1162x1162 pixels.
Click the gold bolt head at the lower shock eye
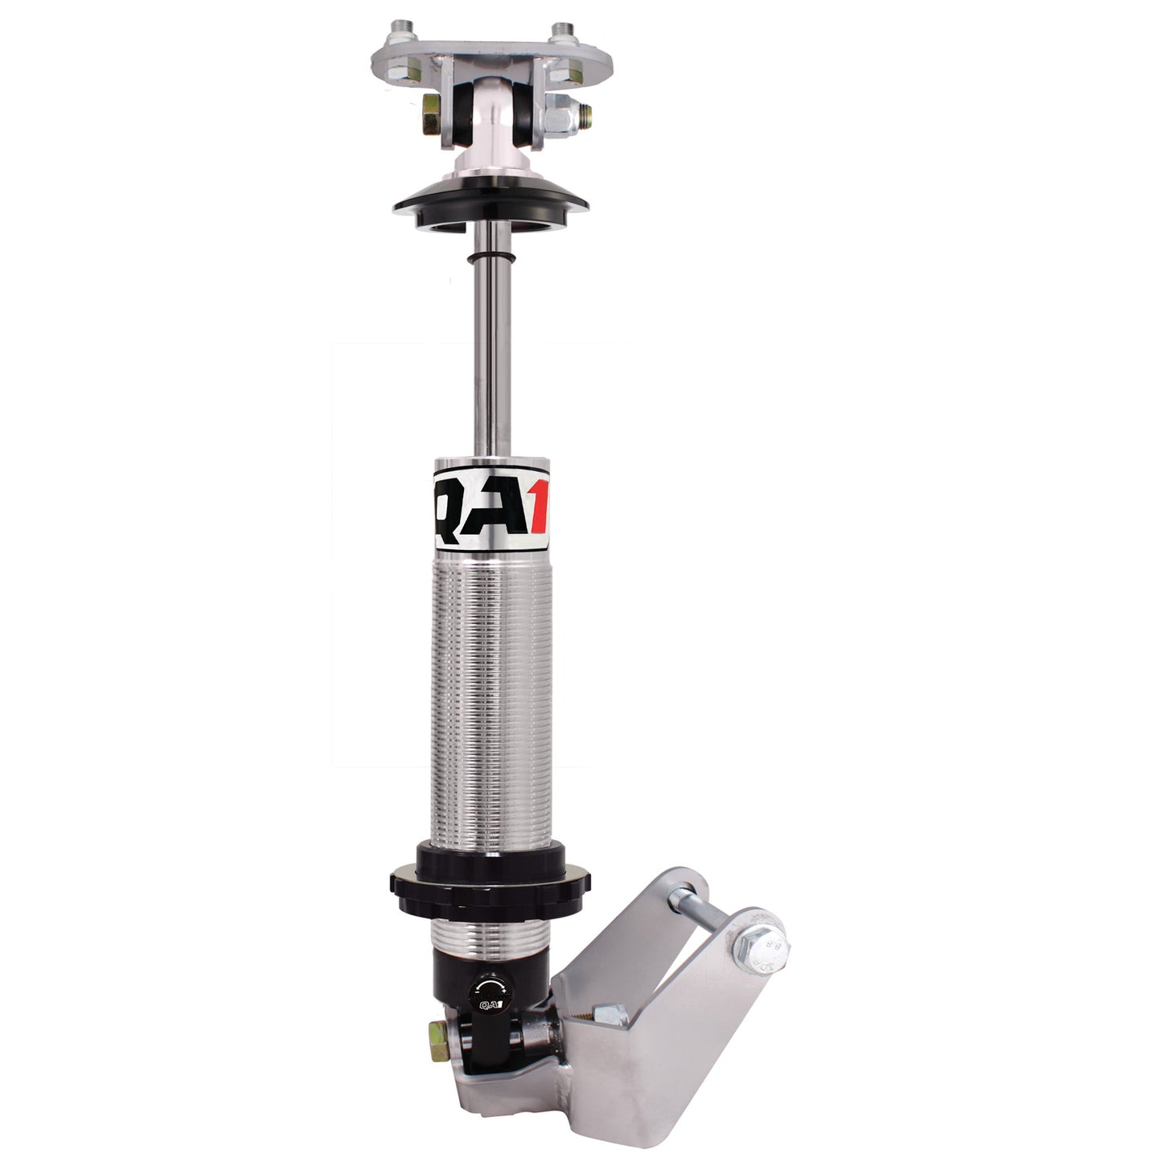[x=439, y=1033]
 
